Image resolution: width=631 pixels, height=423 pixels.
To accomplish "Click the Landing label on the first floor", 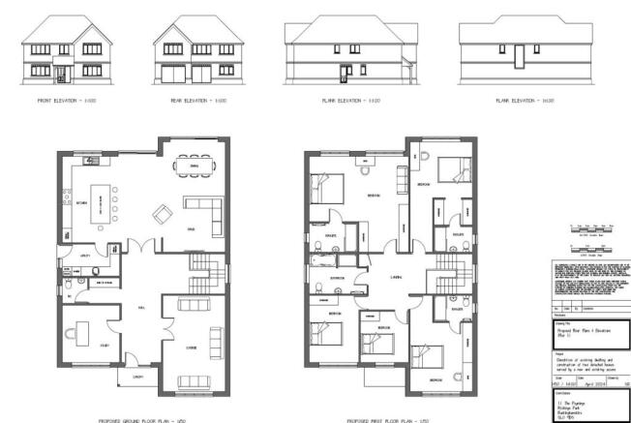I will (397, 282).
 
